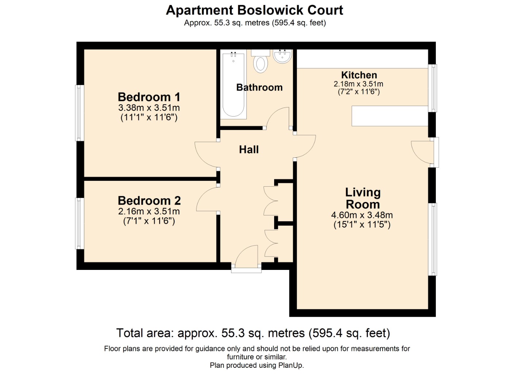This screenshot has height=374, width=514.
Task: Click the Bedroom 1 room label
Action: coord(149,97)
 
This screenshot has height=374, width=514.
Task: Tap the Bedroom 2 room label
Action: coord(149,201)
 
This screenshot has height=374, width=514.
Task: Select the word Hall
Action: coord(249,149)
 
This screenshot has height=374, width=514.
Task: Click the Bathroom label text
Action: coord(259,87)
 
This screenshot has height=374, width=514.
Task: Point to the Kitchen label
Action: coord(359,75)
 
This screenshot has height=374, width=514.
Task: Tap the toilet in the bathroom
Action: coord(261,63)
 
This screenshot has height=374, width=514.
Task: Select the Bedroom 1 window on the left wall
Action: coord(79,113)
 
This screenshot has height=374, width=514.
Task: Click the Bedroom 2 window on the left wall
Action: coord(79,224)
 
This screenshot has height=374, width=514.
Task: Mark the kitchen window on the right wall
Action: coord(432,88)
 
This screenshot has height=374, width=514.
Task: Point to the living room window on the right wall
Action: coord(432,239)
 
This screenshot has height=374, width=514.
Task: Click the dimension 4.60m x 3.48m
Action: coord(362,215)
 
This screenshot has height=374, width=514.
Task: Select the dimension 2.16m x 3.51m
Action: coord(149,211)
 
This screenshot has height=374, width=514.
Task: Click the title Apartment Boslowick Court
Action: coord(254,10)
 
